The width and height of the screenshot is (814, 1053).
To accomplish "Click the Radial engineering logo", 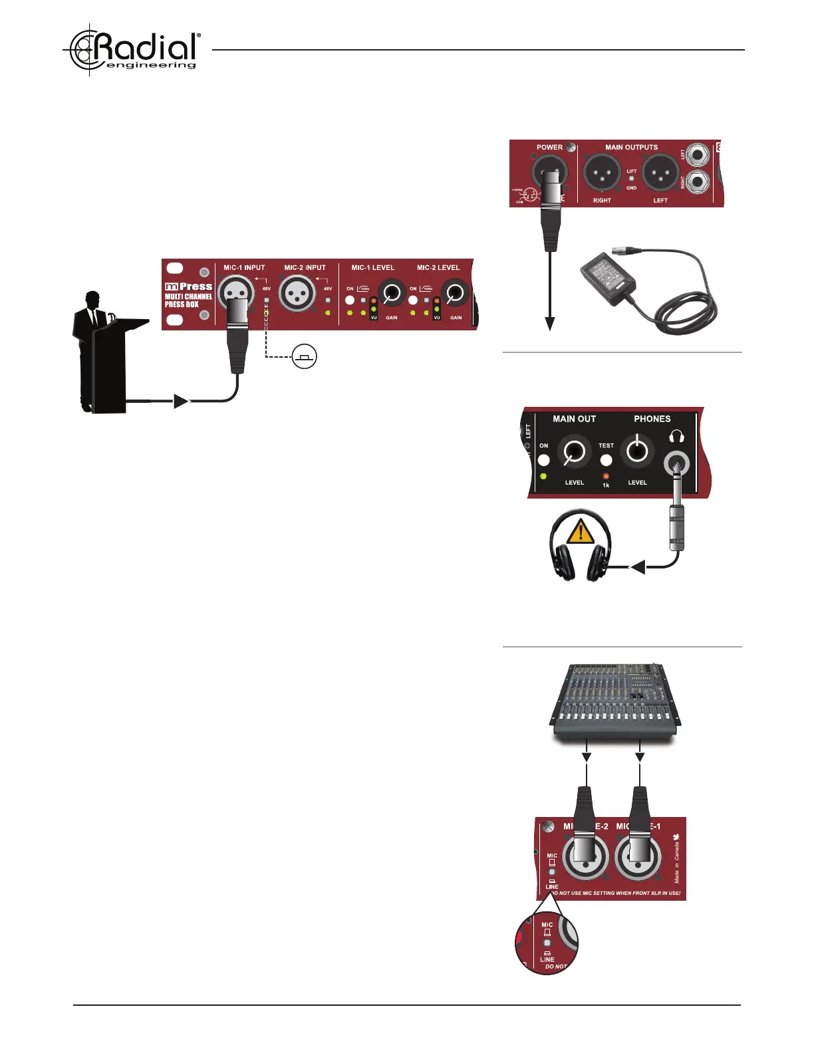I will pos(133,50).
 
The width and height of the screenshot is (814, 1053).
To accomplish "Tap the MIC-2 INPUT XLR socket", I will pos(297,293).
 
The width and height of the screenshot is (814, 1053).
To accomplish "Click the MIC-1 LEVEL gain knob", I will pos(392,292).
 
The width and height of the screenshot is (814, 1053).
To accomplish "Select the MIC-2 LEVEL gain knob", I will pos(456,292).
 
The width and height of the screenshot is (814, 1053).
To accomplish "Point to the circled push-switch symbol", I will pos(305,357).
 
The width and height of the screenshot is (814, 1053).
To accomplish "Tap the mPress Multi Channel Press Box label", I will pos(188,295).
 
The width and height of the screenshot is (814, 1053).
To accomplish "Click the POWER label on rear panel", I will pos(549,147).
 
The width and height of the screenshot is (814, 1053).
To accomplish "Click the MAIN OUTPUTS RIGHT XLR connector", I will pos(602,172).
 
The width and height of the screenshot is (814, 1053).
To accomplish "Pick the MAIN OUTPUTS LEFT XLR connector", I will pos(660,172).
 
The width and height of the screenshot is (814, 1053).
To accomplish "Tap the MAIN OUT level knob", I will pos(574,451).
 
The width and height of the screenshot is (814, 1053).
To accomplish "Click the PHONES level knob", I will pos(637,451).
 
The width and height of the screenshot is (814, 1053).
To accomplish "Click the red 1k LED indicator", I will pos(606,476).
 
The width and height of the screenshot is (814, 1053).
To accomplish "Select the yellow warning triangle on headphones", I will pos(581,532).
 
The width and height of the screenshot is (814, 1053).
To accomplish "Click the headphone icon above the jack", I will pos(677,437).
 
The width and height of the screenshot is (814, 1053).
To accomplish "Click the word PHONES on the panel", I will pos(652,419).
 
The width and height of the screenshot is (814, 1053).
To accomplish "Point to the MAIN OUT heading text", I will pos(574,419).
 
